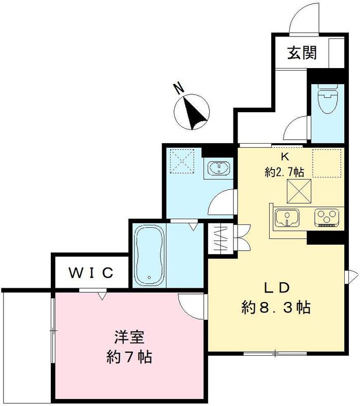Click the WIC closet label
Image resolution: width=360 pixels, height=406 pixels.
pos(90,274)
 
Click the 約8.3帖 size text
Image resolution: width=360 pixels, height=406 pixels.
pos(276,307)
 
